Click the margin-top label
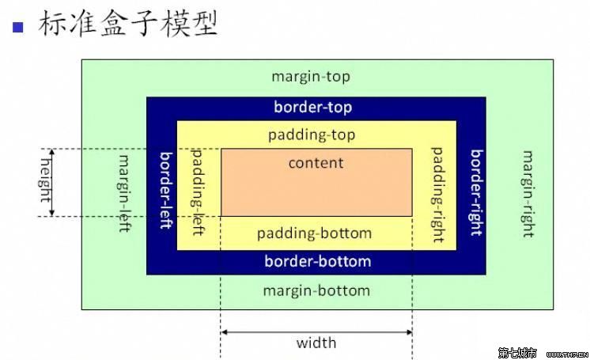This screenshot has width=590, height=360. click(310, 77)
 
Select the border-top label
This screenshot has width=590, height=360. click(312, 108)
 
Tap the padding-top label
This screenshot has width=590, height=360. click(312, 135)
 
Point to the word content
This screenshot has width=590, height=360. click(316, 163)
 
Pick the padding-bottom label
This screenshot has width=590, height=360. click(314, 233)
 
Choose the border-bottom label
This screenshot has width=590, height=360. click(317, 261)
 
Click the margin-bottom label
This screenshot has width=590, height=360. click(316, 290)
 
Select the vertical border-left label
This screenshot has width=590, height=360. click(166, 190)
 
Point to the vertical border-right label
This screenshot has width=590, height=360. click(476, 193)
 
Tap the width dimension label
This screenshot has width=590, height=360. click(316, 343)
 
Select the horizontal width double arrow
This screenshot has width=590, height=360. click(316, 332)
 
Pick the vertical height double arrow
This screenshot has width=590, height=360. click(53, 182)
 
